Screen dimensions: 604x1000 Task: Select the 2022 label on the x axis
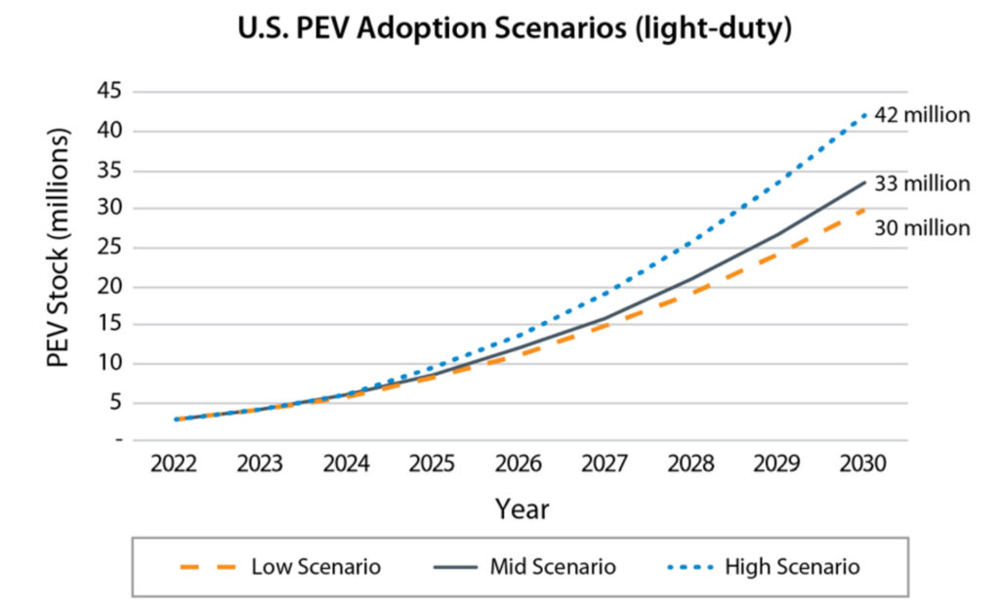click(x=175, y=463)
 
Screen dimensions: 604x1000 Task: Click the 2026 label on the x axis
click(x=519, y=463)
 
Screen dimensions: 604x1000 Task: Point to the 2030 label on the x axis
click(x=862, y=463)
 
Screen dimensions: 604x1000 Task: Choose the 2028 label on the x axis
click(x=690, y=463)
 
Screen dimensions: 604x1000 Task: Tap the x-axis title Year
click(x=521, y=509)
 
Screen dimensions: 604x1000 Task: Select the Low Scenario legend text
click(x=315, y=567)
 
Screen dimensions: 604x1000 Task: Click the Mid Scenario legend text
click(x=553, y=567)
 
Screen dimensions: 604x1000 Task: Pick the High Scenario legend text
click(x=792, y=567)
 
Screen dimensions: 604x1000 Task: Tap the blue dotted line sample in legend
click(x=682, y=567)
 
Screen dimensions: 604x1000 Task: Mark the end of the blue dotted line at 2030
click(x=864, y=114)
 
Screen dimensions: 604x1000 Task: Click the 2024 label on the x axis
click(x=347, y=463)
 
